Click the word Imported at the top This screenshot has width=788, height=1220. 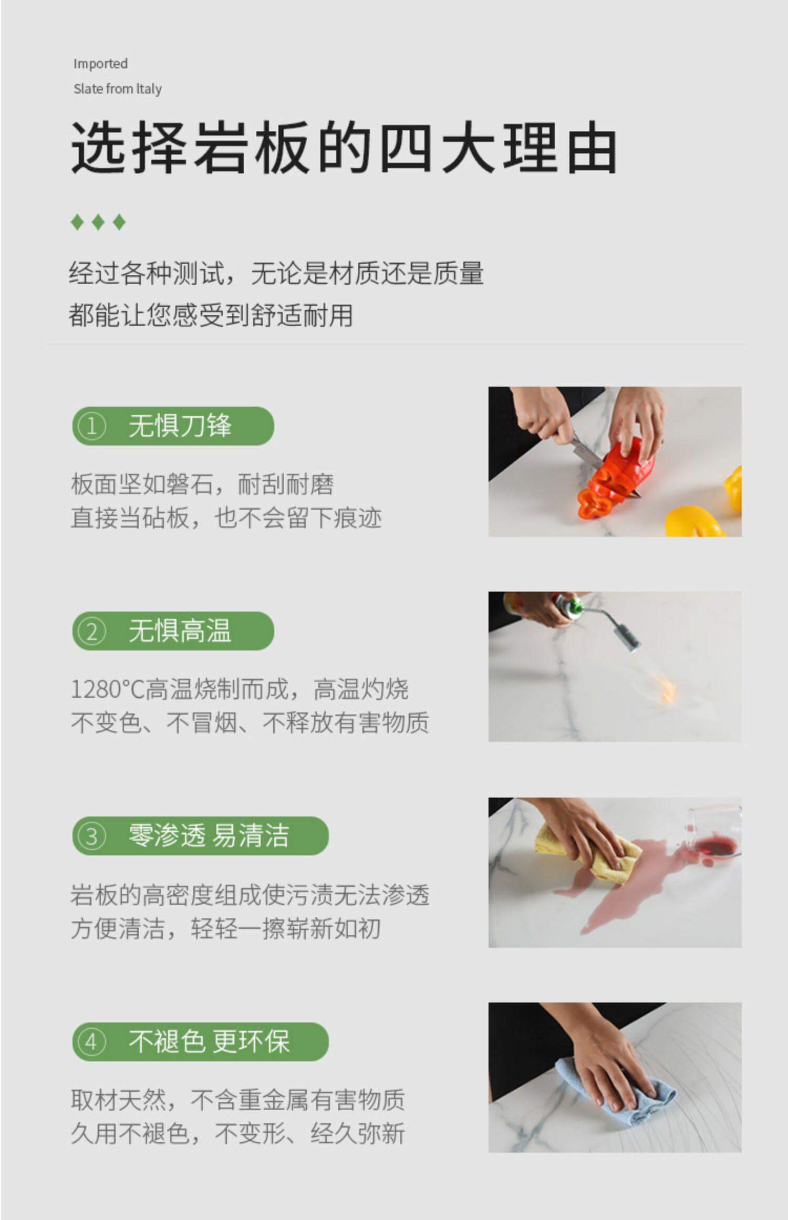coord(100,64)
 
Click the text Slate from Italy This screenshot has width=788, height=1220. coord(117,89)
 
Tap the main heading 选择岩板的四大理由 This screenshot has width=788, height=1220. coord(344,148)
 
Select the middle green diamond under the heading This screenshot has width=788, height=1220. coord(98,222)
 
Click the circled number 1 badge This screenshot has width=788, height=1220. coord(91,426)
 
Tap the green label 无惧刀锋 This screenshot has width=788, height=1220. coord(180,426)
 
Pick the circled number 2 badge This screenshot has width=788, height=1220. coord(91,631)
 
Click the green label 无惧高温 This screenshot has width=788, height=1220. coord(180,630)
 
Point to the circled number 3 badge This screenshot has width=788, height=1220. coord(91,836)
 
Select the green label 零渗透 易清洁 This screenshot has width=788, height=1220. coord(209,835)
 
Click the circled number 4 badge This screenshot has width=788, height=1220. coord(91,1041)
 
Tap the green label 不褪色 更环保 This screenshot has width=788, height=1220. coord(209,1041)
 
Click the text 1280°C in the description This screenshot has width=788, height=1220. coord(108,689)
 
